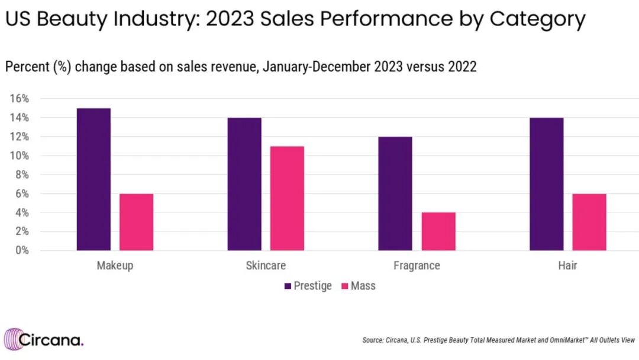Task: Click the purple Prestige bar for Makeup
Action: tap(93, 179)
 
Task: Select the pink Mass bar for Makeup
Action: tap(136, 222)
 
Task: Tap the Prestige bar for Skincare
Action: tap(244, 184)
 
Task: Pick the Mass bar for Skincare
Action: tap(287, 198)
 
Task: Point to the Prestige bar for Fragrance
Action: tap(395, 194)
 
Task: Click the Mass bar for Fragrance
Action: tap(438, 232)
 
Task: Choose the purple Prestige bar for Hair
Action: tap(546, 184)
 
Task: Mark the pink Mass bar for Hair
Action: tap(589, 222)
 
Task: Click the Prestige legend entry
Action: tap(308, 285)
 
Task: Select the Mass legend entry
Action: tap(359, 285)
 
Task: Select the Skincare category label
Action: tap(266, 265)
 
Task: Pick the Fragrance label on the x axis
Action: tap(417, 265)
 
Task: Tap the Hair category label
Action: tap(567, 265)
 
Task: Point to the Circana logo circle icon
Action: tap(12, 339)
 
